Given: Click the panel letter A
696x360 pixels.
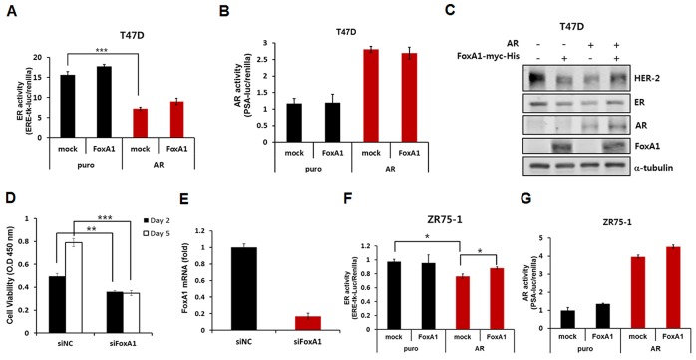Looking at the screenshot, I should point(8,12).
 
